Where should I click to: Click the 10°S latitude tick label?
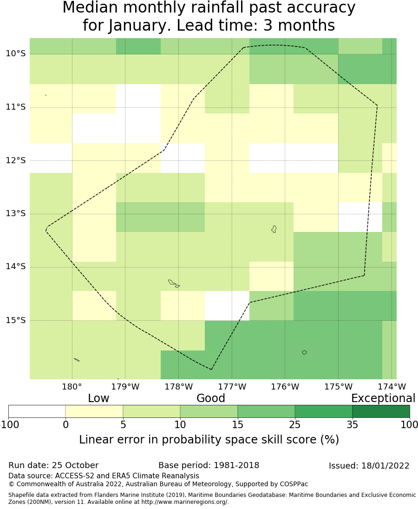(x=15, y=53)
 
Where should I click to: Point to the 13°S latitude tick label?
(x=15, y=213)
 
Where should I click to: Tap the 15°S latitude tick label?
(x=15, y=320)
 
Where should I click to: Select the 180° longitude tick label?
(x=72, y=387)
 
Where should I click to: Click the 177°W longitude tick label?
(x=232, y=387)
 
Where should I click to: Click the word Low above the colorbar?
(x=98, y=398)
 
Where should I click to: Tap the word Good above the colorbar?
(x=210, y=398)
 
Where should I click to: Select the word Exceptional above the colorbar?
(x=383, y=398)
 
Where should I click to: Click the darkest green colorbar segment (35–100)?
(x=381, y=411)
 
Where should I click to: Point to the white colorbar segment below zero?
(x=37, y=411)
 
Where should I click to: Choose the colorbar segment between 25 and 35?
(x=323, y=411)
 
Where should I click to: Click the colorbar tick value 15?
(x=237, y=424)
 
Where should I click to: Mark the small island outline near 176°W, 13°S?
(x=274, y=229)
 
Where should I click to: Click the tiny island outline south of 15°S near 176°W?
(x=304, y=352)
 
